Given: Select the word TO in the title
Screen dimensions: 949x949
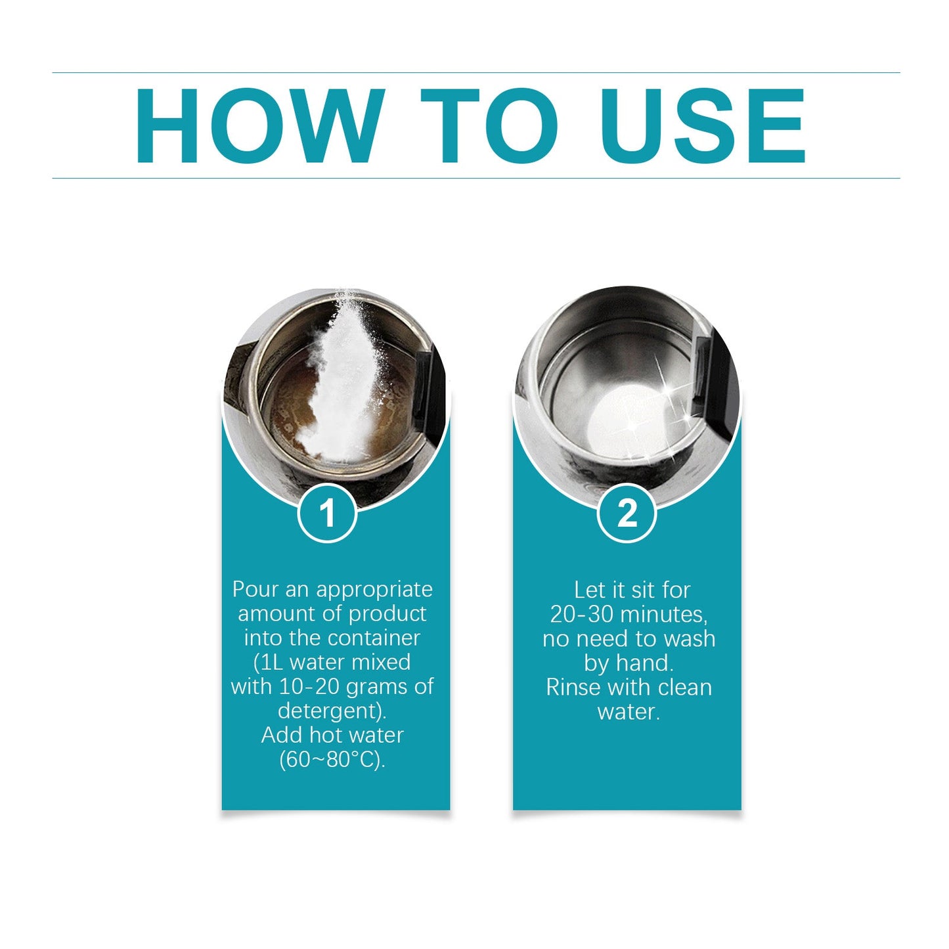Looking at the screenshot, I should click(489, 125).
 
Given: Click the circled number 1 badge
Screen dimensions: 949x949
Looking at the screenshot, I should click(327, 513).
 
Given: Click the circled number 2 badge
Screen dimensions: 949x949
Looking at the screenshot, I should click(627, 513).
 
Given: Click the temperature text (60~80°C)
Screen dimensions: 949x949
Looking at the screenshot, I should click(332, 759).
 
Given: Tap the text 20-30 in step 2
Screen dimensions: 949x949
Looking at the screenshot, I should click(582, 614).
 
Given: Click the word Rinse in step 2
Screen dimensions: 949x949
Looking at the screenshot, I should click(572, 687).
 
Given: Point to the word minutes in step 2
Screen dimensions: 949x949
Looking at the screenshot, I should click(663, 614).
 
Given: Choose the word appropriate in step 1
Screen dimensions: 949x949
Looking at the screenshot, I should click(374, 589).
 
